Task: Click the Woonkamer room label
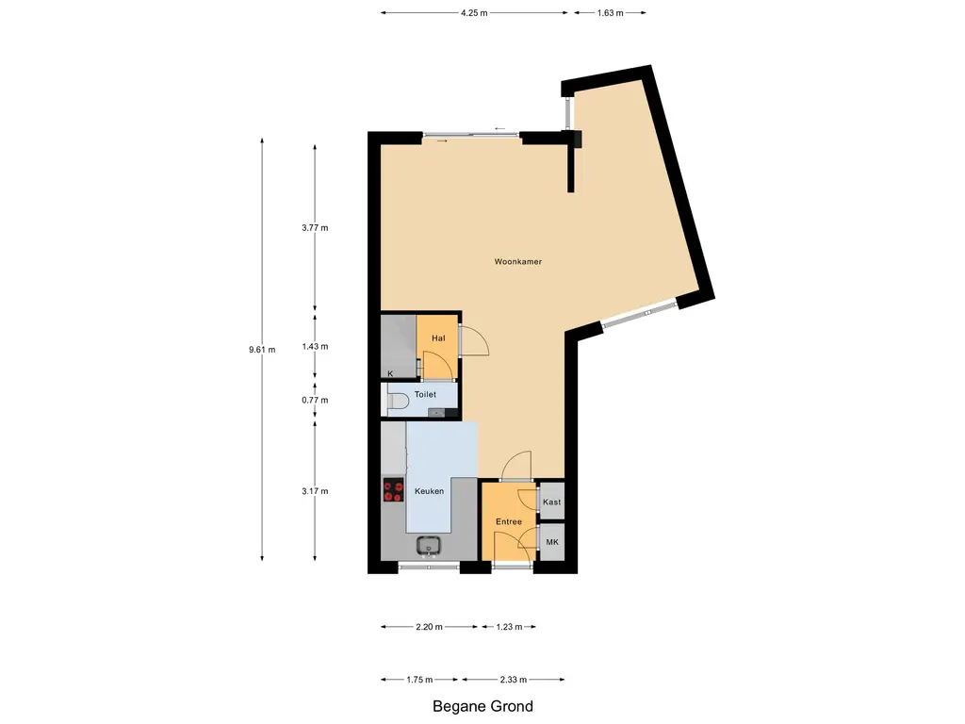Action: pyautogui.click(x=518, y=262)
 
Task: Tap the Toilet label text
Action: pyautogui.click(x=425, y=394)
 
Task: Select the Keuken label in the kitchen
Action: pyautogui.click(x=429, y=490)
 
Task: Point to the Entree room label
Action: pyautogui.click(x=509, y=521)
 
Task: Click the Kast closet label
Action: pyautogui.click(x=552, y=502)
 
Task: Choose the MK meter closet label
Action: pyautogui.click(x=552, y=542)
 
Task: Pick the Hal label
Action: pyautogui.click(x=438, y=338)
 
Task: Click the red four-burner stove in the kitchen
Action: pyautogui.click(x=393, y=490)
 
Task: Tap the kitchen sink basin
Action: pyautogui.click(x=429, y=546)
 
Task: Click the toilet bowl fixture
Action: pyautogui.click(x=400, y=402)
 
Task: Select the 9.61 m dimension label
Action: pyautogui.click(x=262, y=350)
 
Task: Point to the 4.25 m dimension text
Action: pyautogui.click(x=474, y=12)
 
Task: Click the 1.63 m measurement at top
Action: pyautogui.click(x=610, y=12)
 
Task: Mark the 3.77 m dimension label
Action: pyautogui.click(x=315, y=228)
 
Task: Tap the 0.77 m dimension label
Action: pyautogui.click(x=315, y=400)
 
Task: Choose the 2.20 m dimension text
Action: pyautogui.click(x=429, y=627)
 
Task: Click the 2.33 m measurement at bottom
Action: pyautogui.click(x=514, y=680)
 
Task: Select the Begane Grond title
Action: pyautogui.click(x=483, y=706)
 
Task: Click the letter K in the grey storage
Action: pyautogui.click(x=390, y=373)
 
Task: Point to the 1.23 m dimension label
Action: pyautogui.click(x=510, y=627)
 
